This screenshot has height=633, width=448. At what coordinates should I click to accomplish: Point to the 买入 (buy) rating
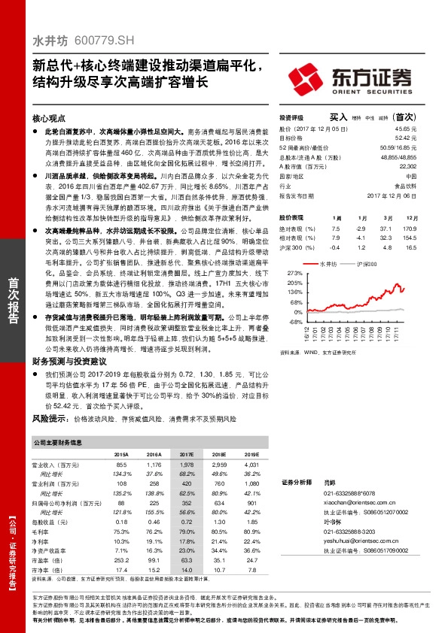point(338,118)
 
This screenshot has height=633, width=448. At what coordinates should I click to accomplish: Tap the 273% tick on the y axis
point(295,274)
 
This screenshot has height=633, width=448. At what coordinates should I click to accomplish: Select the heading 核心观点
point(50,119)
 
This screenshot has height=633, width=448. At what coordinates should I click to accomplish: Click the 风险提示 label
point(48,417)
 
